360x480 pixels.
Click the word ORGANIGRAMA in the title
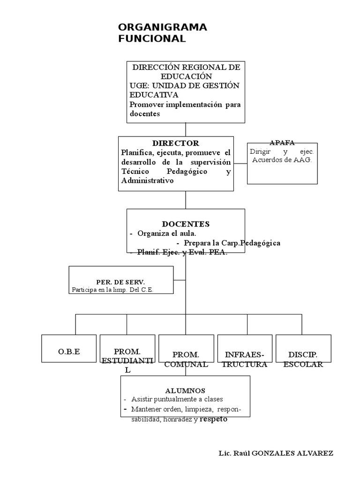163,28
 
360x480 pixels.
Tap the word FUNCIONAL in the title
152,39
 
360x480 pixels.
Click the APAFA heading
282,142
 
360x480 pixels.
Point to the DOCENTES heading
186,224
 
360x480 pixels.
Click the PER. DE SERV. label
120,282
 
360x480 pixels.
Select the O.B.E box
69,352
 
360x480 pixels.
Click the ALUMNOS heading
185,390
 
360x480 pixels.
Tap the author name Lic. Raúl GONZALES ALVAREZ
276,453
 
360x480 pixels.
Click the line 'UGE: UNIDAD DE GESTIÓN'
184,85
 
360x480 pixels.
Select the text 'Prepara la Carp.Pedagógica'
232,243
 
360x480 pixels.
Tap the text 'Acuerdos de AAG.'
282,160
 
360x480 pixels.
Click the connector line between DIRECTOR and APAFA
240,164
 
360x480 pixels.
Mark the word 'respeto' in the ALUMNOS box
213,419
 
